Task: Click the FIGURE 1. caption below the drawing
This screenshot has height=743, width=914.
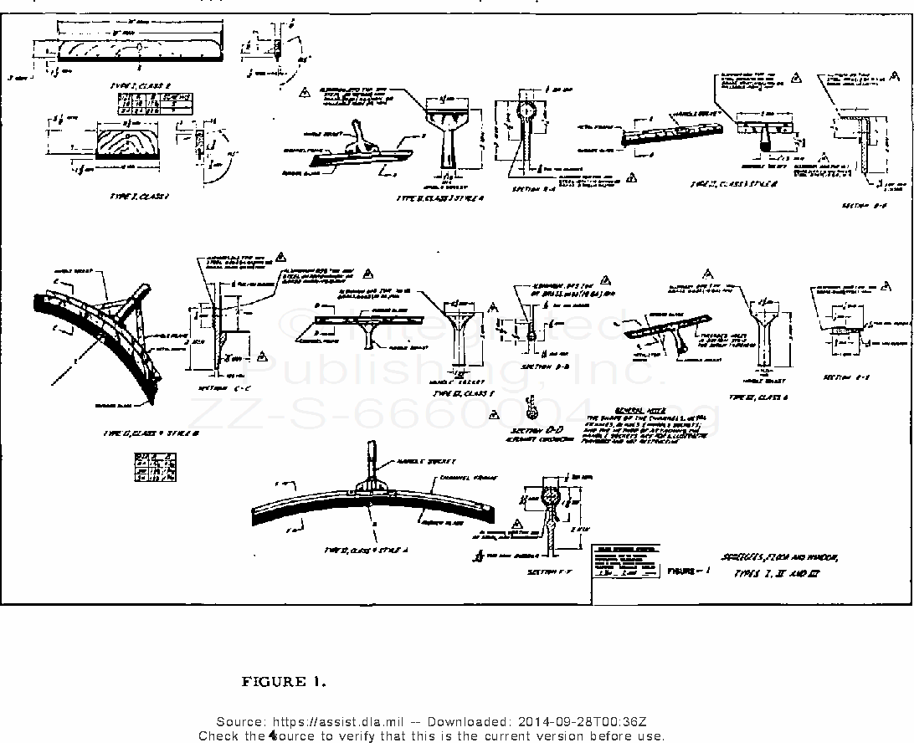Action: pos(284,682)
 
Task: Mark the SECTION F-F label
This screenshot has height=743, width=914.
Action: pos(548,572)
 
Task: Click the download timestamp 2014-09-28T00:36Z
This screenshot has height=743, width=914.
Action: pos(580,722)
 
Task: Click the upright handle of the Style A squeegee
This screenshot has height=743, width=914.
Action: pos(367,457)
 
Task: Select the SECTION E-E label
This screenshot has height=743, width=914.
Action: pos(846,377)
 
